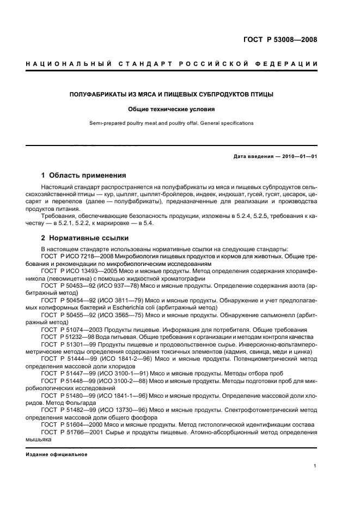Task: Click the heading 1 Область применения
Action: point(84,175)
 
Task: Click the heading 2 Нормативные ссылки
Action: point(84,238)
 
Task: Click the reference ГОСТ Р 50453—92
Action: point(68,286)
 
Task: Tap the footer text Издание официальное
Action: point(56,454)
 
